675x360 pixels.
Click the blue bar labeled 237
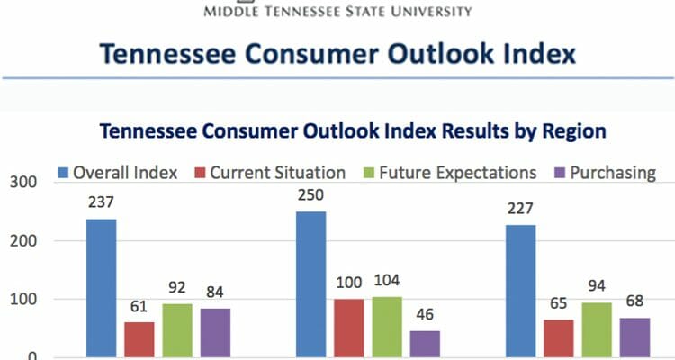[101, 288]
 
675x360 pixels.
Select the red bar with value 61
[139, 340]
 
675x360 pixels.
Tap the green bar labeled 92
[176, 330]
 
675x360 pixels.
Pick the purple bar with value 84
[214, 333]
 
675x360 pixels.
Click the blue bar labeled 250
[310, 284]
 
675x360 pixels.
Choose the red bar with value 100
[348, 328]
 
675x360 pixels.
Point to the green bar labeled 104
[386, 328]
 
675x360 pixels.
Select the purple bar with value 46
[424, 345]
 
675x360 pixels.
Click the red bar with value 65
[559, 339]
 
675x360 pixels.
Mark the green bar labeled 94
[597, 330]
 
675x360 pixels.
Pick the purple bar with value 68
[634, 337]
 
